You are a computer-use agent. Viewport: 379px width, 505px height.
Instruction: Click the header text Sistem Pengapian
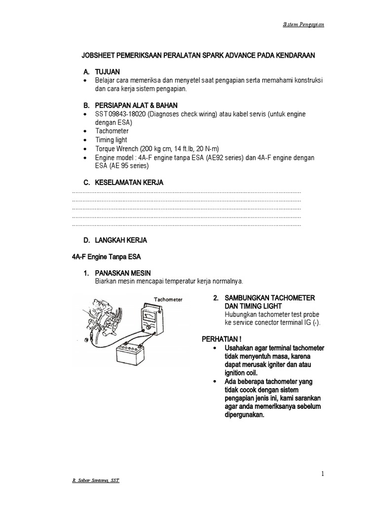303,25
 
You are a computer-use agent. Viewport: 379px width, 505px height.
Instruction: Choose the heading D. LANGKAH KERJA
114,240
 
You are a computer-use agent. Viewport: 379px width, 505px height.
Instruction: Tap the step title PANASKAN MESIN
123,273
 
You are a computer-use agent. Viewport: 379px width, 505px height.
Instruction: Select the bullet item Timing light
111,140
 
